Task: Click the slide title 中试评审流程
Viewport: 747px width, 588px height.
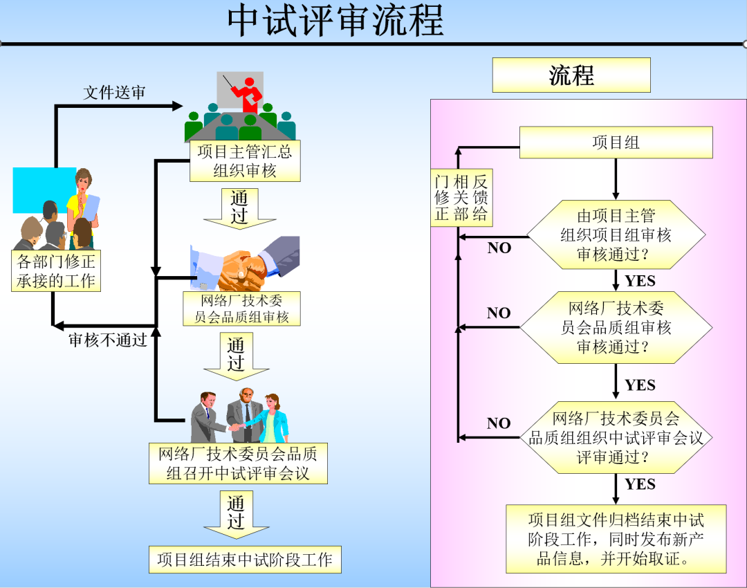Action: click(335, 21)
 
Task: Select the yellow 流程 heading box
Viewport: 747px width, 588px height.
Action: click(571, 75)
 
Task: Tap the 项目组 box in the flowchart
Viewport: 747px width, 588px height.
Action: click(616, 143)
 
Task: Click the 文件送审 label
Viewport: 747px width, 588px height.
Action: click(114, 93)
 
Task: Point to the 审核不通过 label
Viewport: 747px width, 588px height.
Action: click(107, 340)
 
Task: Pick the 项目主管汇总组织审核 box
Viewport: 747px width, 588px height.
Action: click(245, 161)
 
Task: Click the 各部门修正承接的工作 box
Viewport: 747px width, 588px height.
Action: click(56, 270)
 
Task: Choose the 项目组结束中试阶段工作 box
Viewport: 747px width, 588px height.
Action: click(245, 559)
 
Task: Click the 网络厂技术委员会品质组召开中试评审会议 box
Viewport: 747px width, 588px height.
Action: click(238, 463)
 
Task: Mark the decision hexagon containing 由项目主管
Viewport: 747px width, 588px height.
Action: click(616, 235)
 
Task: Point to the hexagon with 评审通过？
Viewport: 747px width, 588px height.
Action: click(616, 437)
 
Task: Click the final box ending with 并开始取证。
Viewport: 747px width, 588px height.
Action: click(616, 539)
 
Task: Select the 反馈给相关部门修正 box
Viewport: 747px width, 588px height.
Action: click(461, 198)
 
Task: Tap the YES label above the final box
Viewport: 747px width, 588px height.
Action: click(640, 484)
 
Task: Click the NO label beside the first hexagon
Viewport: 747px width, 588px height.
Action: click(499, 248)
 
